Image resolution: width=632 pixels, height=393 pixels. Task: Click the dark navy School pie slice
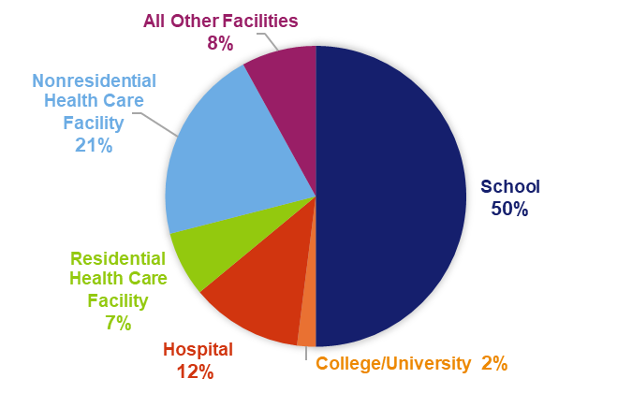393,196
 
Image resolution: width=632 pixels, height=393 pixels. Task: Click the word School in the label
509,186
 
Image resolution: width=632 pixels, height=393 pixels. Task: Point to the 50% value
509,209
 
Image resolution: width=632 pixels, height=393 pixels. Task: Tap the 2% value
493,363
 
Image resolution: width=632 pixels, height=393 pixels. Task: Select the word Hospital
198,349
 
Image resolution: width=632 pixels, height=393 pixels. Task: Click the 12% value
198,371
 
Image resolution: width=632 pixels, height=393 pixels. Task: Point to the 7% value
118,324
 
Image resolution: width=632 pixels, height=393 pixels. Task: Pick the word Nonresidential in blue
94,80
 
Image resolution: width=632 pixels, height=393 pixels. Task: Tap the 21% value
94,145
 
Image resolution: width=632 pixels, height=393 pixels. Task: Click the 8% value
220,42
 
